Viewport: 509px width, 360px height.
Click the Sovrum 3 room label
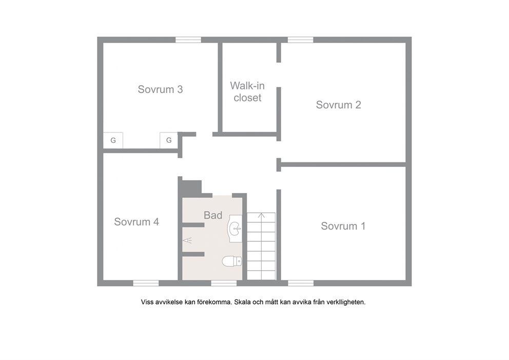161,89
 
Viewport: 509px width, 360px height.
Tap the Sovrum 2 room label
339,105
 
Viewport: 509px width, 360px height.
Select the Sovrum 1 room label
343,226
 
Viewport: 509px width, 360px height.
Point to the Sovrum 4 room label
136,222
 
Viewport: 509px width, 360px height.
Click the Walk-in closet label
247,91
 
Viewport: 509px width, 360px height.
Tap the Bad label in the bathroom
213,215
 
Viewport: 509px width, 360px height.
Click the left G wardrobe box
113,140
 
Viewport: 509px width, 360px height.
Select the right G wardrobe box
169,140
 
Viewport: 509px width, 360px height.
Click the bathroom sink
235,229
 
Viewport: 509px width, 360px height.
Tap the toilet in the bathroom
232,261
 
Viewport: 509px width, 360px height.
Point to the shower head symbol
187,240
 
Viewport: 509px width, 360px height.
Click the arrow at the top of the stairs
261,215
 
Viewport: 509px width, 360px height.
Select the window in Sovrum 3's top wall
188,40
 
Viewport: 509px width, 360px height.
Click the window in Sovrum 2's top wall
301,40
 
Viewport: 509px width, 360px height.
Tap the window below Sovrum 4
146,283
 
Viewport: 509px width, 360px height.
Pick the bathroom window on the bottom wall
224,283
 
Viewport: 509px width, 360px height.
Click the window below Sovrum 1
301,283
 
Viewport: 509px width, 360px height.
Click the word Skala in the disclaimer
242,302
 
